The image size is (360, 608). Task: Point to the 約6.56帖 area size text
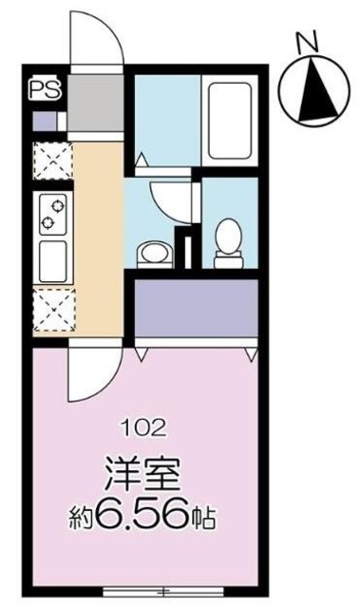point(143,520)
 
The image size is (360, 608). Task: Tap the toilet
point(228,237)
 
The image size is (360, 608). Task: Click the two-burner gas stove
point(50,215)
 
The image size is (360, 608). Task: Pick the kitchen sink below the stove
point(50,259)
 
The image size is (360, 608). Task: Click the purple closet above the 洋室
point(197,310)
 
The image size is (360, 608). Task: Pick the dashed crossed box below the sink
point(49,310)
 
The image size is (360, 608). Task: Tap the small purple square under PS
point(43,122)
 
